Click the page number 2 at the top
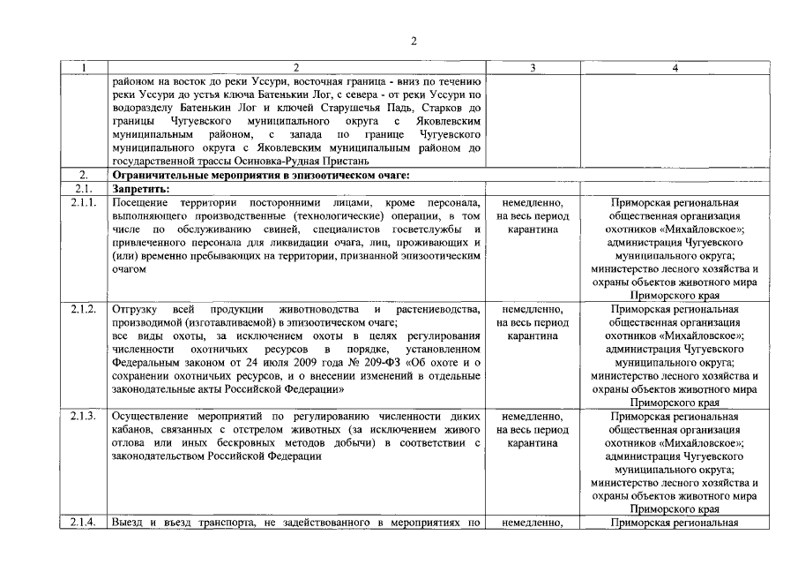[413, 41]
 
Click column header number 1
[83, 68]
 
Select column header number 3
[533, 68]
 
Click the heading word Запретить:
[141, 188]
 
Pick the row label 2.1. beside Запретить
[83, 188]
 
